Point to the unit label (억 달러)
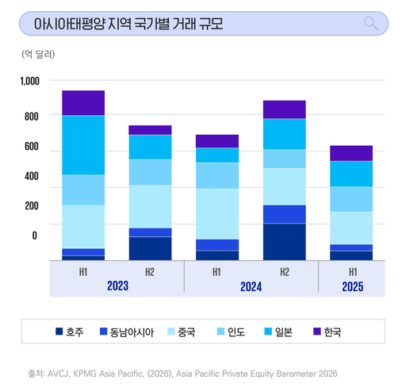[39, 55]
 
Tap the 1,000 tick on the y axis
[29, 81]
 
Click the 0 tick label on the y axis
[34, 236]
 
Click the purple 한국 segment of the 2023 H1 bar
[83, 103]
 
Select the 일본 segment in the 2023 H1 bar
[83, 145]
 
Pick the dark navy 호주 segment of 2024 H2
[284, 242]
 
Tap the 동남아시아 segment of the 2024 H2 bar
[284, 214]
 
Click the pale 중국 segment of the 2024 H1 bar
[217, 213]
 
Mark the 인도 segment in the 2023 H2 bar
[150, 172]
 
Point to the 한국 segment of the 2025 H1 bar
[350, 153]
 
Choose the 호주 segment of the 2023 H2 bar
[150, 248]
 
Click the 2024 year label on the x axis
[251, 286]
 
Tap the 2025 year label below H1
[350, 286]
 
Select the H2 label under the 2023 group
[150, 272]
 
